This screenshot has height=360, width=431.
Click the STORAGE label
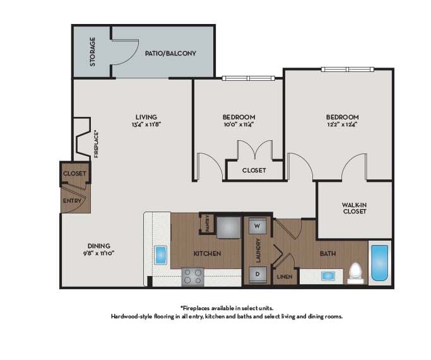click(93, 52)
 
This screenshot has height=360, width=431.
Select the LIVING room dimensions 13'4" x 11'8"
click(146, 124)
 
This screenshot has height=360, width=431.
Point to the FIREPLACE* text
click(96, 144)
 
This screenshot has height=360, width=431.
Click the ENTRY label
click(71, 201)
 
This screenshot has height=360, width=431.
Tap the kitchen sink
click(161, 255)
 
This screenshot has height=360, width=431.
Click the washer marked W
click(257, 225)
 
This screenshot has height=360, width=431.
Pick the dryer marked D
click(257, 273)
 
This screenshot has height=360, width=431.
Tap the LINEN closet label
click(284, 277)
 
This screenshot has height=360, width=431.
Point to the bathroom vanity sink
click(328, 275)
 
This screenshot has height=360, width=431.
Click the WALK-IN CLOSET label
click(355, 208)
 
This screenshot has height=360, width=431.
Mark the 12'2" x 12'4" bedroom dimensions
click(342, 124)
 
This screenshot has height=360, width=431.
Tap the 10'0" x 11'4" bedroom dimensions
click(239, 124)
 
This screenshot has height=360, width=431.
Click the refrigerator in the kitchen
click(229, 226)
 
